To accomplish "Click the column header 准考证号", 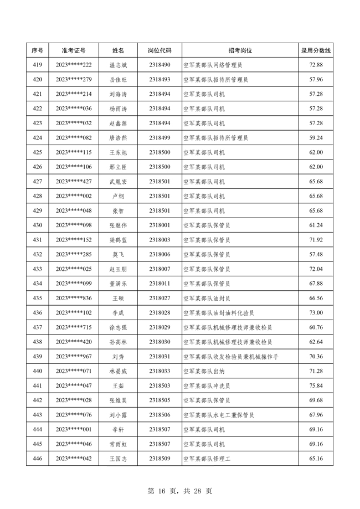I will [x=74, y=50].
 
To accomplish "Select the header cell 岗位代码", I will [x=160, y=50].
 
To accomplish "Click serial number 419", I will [x=38, y=65].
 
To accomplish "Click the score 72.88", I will [x=316, y=65].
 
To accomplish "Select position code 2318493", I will [x=160, y=80].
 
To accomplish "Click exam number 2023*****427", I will [x=74, y=182].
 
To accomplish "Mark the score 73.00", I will [x=316, y=312].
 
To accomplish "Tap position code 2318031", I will [x=160, y=356].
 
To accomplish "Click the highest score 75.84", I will [x=316, y=385].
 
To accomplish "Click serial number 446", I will [x=38, y=458].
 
